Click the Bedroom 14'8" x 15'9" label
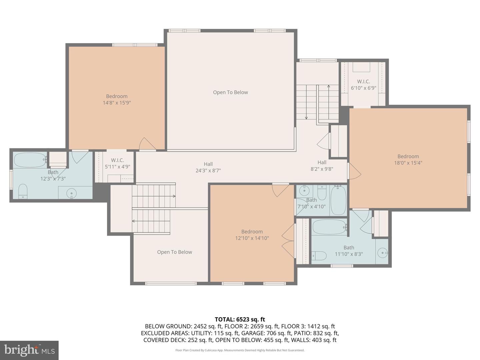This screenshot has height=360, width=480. [x=117, y=100]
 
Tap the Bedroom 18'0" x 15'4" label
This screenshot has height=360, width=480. [x=408, y=160]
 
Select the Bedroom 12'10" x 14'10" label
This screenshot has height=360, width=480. [x=252, y=235]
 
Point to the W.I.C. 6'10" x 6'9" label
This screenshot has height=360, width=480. [x=363, y=85]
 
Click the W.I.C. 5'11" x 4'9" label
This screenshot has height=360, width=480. [x=117, y=163]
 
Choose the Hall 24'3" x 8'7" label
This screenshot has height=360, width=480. [x=208, y=167]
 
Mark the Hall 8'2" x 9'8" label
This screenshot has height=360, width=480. [x=322, y=166]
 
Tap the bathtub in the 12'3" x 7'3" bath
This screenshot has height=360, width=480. [x=30, y=160]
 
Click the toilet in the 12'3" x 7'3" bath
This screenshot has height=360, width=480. [x=23, y=191]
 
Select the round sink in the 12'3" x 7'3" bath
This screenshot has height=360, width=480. [x=71, y=193]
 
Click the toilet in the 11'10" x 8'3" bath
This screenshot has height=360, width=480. [x=319, y=256]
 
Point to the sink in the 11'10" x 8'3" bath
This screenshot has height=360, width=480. [x=383, y=253]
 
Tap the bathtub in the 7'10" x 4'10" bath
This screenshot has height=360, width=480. [x=338, y=200]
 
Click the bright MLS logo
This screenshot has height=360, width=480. [x=29, y=350]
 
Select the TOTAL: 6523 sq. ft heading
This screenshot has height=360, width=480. [x=240, y=319]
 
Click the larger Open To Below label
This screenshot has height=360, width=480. [x=230, y=92]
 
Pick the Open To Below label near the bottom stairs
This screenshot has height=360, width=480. [x=174, y=252]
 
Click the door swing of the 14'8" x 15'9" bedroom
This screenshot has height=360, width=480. [x=147, y=144]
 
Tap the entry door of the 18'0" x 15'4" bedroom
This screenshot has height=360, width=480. [x=354, y=171]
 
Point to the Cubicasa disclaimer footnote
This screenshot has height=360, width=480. [x=240, y=350]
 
